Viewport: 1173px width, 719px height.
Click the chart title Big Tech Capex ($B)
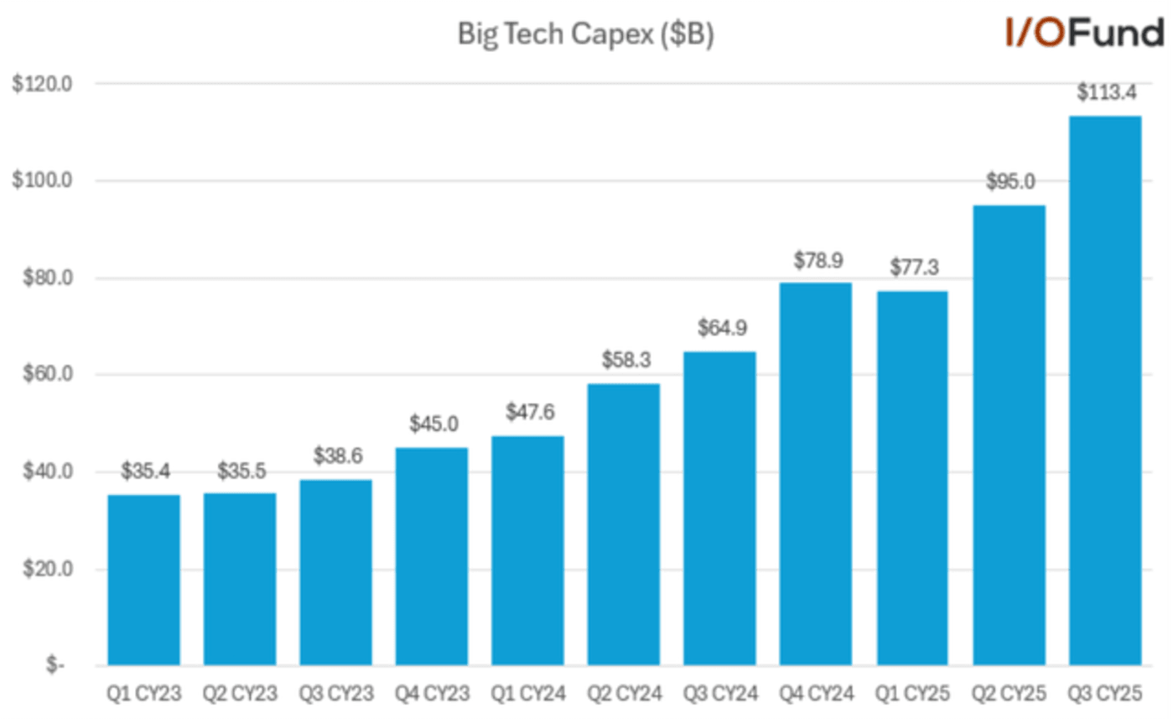click(584, 34)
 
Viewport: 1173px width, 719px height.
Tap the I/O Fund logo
click(1083, 34)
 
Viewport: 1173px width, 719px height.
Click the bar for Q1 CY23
click(143, 580)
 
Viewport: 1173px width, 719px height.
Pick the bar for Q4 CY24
click(816, 474)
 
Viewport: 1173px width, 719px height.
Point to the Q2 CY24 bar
click(623, 524)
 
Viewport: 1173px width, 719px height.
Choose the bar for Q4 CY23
click(432, 556)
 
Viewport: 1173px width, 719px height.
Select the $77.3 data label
click(912, 268)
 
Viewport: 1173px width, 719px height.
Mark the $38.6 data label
click(337, 456)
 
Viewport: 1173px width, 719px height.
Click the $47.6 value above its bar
click(528, 413)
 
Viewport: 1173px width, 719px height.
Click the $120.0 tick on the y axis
click(47, 84)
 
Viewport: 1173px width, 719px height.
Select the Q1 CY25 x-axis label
click(912, 695)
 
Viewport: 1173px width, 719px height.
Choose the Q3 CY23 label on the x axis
click(337, 695)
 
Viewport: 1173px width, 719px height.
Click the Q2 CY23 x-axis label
click(240, 695)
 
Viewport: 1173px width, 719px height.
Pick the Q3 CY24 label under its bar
click(720, 695)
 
